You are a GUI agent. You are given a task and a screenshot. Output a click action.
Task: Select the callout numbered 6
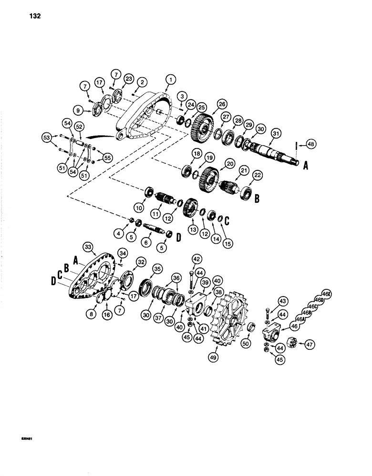point(147,242)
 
